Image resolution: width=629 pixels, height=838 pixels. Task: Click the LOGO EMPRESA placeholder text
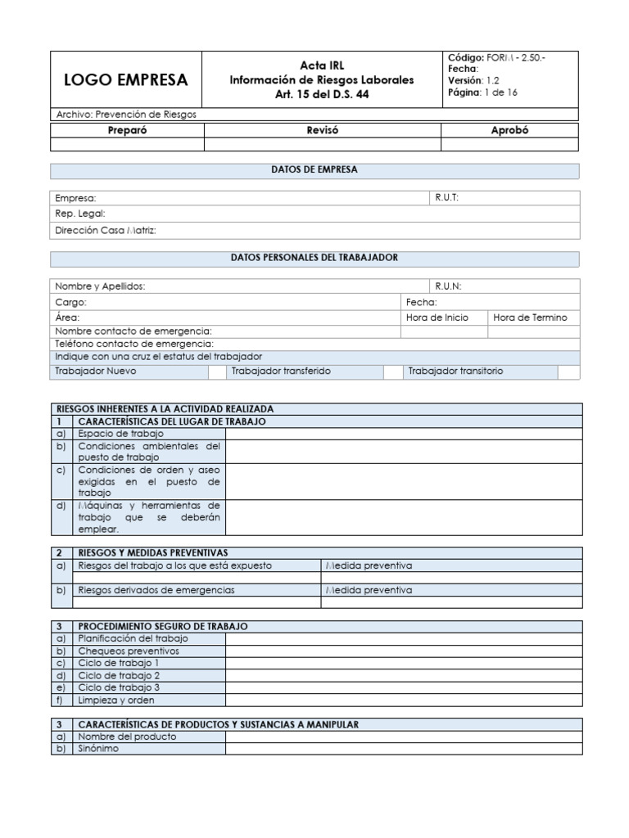(x=126, y=80)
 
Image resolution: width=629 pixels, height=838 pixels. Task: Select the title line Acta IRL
(x=321, y=65)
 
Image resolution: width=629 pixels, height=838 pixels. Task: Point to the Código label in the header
(x=466, y=56)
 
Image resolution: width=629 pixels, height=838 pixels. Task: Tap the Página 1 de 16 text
(x=482, y=92)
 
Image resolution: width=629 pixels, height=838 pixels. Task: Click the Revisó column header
(x=322, y=130)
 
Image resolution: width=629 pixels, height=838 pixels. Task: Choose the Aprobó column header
(x=509, y=130)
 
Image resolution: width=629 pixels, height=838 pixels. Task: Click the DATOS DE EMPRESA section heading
(x=314, y=170)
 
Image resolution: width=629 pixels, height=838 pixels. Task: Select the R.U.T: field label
(x=447, y=198)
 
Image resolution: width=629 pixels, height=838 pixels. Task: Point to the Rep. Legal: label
(x=80, y=214)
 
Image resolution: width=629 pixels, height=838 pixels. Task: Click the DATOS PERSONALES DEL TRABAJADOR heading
(x=314, y=258)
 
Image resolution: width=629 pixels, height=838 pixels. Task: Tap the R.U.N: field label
(x=448, y=286)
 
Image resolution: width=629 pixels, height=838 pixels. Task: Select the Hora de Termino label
(x=529, y=318)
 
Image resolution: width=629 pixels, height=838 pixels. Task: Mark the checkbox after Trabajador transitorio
(x=568, y=372)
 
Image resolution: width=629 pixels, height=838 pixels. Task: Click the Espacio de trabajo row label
(x=120, y=433)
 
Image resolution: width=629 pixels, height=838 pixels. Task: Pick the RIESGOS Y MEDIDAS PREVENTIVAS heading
(x=152, y=552)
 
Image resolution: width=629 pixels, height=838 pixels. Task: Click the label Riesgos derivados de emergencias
(x=156, y=590)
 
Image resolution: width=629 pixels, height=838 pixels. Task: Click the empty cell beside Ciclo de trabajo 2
(x=404, y=675)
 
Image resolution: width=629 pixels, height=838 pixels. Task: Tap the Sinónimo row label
(x=98, y=748)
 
